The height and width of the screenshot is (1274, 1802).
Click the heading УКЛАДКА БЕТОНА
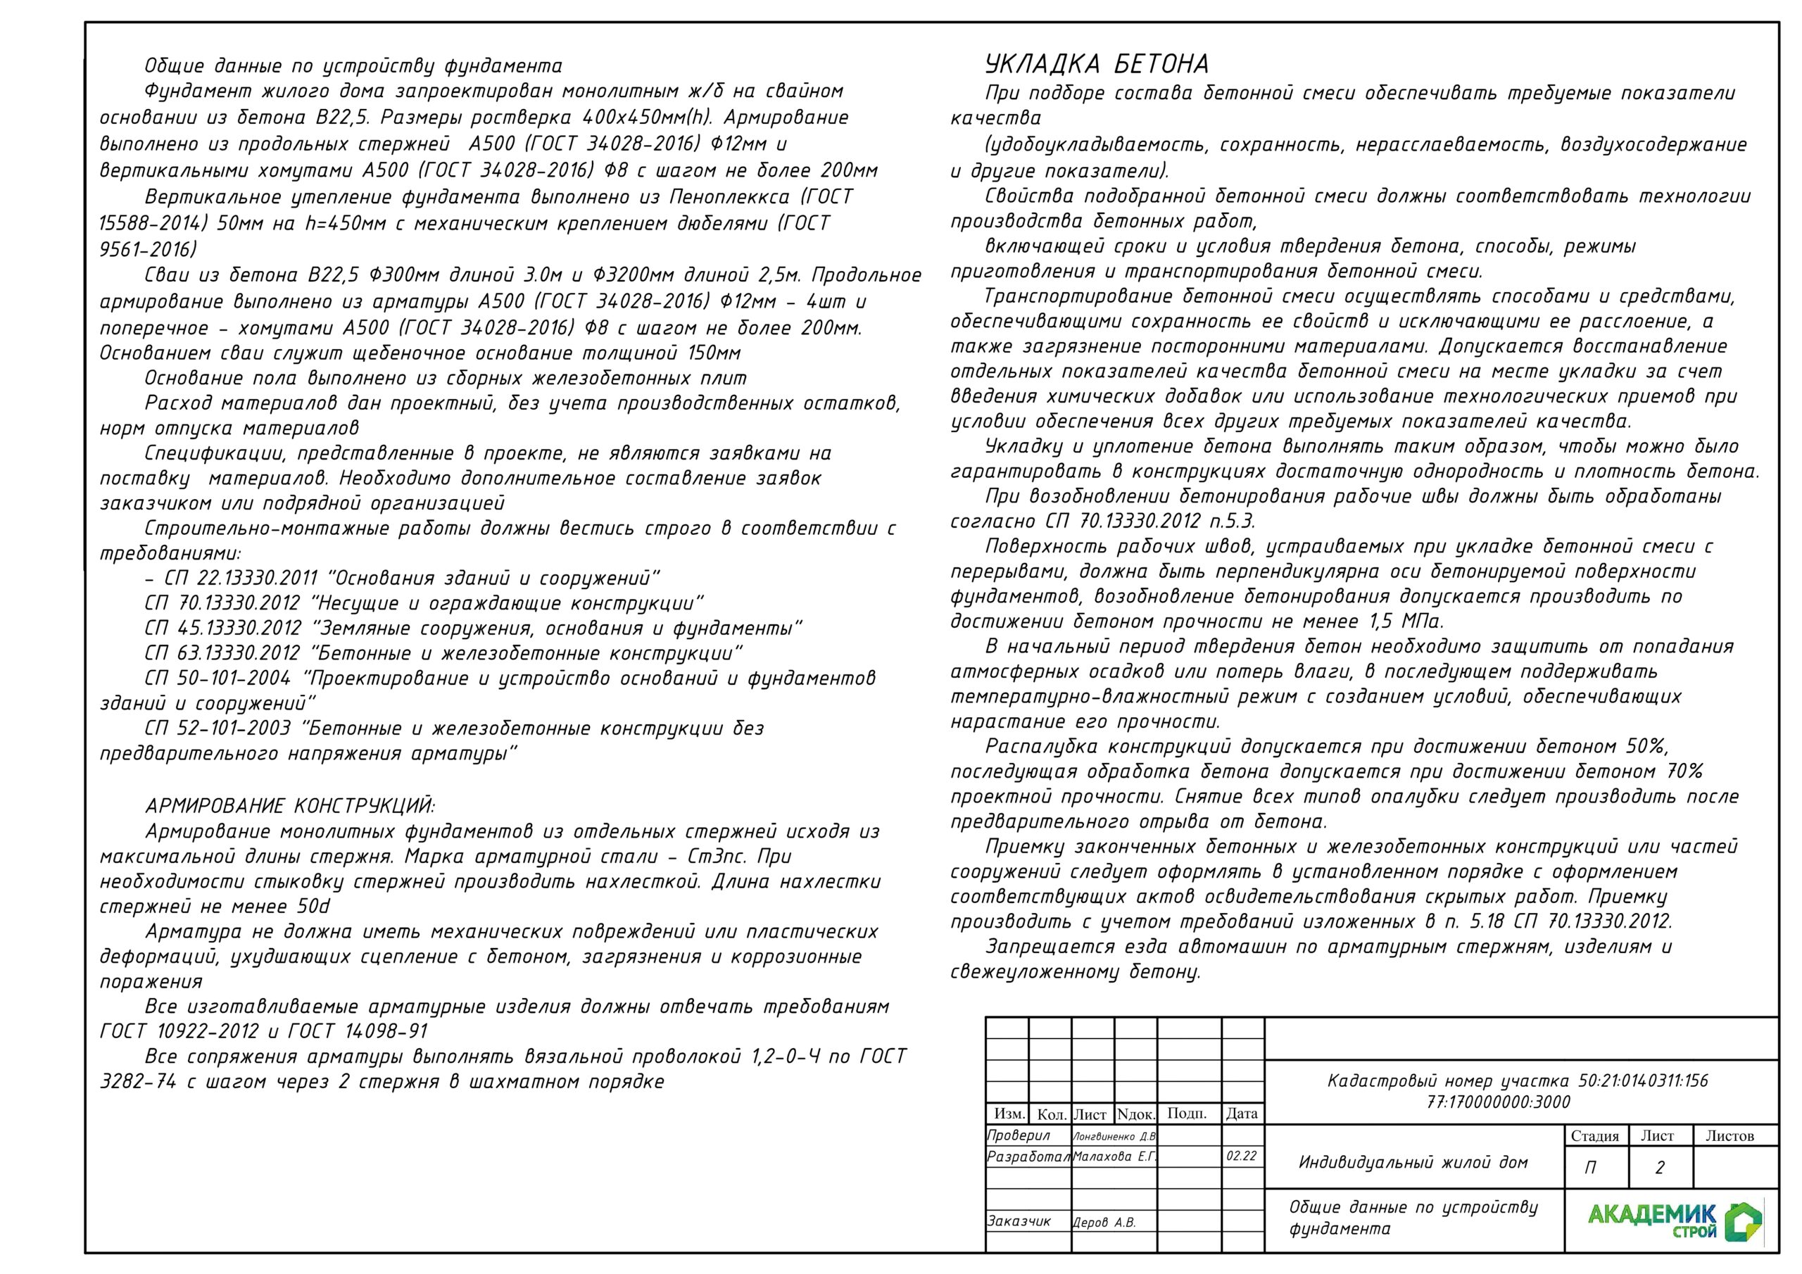tap(1097, 63)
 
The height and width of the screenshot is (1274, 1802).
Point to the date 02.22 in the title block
tap(1241, 1156)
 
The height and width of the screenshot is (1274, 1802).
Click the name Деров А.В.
tap(1104, 1222)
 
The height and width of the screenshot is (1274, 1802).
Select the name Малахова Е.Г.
tap(1114, 1156)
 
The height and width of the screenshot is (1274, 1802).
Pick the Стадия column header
tap(1594, 1136)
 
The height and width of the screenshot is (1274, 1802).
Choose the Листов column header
tap(1729, 1136)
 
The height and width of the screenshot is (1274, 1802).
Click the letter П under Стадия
tap(1590, 1168)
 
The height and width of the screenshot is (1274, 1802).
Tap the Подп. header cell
tap(1187, 1113)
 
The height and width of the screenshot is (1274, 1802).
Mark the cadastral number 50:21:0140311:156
tap(1643, 1081)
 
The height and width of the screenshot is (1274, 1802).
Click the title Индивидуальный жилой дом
tap(1413, 1163)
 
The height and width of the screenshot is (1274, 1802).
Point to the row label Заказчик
tap(1019, 1221)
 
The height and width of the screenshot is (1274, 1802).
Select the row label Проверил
tap(1018, 1135)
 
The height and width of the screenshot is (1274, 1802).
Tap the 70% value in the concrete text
tap(1684, 771)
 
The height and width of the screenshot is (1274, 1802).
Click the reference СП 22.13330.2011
tap(240, 579)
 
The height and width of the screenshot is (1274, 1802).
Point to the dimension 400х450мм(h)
tap(647, 118)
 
